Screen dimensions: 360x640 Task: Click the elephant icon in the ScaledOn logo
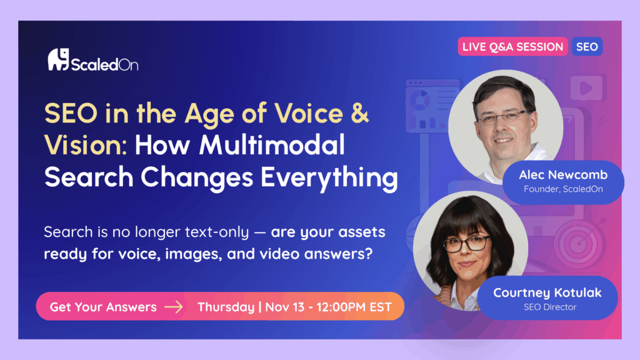[57, 59]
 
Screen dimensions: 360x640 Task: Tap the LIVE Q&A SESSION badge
[512, 46]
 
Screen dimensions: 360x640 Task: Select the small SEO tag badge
[587, 46]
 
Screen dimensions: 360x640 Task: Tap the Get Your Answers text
[103, 307]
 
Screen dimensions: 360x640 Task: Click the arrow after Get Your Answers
[174, 307]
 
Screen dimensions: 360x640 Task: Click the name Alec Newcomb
[562, 175]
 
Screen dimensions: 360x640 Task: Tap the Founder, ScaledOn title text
[562, 189]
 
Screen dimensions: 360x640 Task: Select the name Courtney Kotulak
[546, 292]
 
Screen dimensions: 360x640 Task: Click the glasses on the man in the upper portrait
[502, 117]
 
